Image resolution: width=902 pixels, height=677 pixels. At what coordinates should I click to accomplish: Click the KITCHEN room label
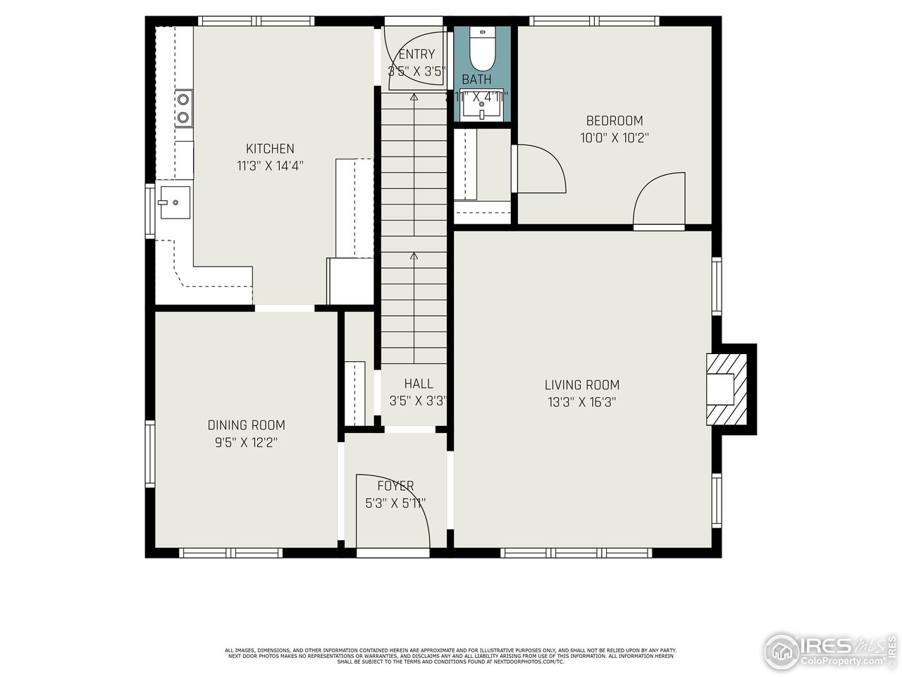tap(270, 149)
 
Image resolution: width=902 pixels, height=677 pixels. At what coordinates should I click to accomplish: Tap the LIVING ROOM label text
tap(582, 385)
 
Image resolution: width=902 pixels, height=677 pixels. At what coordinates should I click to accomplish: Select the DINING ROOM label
tap(246, 425)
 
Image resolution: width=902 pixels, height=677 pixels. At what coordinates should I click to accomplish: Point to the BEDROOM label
tap(614, 121)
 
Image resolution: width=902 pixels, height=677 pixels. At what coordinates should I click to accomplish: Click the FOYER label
tap(395, 486)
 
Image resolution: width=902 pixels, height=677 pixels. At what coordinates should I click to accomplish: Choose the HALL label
tap(418, 384)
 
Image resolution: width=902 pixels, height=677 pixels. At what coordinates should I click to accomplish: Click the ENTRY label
tap(416, 54)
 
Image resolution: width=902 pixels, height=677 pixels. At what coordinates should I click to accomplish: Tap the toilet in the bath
tap(483, 46)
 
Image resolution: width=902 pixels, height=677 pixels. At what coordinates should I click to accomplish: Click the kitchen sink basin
tap(174, 202)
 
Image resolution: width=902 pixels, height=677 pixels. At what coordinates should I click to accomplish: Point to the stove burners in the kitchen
tap(183, 109)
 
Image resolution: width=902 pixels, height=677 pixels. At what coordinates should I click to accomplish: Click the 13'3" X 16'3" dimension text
tap(582, 403)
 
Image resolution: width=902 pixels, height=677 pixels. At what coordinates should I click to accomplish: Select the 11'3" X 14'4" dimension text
tap(270, 166)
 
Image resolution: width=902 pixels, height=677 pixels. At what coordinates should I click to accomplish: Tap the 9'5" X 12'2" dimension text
tap(246, 443)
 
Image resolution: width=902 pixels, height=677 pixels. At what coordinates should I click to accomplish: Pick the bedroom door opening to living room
tap(660, 201)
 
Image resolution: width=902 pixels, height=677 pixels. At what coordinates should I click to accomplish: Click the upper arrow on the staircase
tap(414, 98)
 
